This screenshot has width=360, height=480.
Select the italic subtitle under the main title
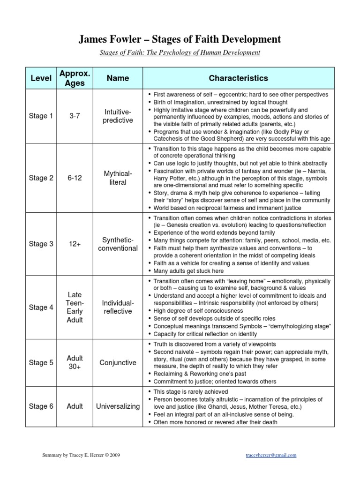click(x=180, y=52)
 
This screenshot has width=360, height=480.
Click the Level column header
click(x=41, y=78)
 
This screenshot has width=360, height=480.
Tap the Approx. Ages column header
click(x=75, y=78)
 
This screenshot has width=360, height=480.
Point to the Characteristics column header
click(x=238, y=78)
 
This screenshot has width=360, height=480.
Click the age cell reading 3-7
click(x=75, y=116)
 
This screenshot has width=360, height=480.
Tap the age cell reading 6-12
click(x=75, y=178)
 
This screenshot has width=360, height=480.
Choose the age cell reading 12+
click(x=75, y=244)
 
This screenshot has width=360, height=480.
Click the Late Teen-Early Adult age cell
click(x=75, y=307)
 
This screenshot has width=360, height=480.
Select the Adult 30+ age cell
click(x=75, y=362)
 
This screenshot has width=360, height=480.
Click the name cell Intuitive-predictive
click(x=118, y=116)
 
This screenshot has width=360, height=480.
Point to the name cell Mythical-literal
click(x=118, y=178)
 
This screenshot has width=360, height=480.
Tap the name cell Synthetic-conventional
click(x=118, y=244)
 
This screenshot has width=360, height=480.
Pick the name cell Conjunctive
click(x=118, y=362)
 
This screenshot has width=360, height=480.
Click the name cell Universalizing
click(x=118, y=406)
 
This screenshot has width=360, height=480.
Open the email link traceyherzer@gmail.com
click(x=270, y=455)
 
